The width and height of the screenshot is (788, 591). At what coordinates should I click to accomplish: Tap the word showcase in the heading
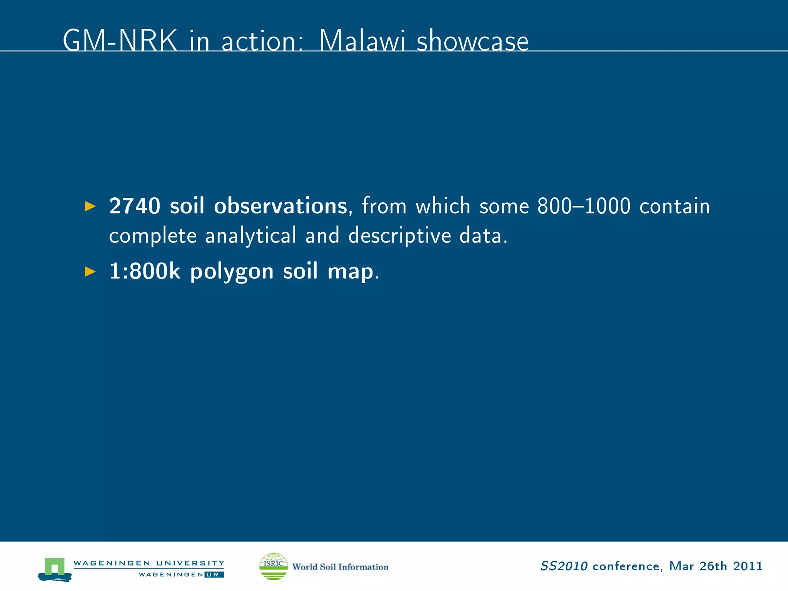(x=472, y=42)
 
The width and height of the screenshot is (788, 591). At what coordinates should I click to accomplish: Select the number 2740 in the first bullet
(x=135, y=206)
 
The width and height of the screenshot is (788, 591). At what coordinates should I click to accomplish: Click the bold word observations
(x=280, y=206)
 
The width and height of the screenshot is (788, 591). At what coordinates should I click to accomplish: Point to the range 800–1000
(x=584, y=206)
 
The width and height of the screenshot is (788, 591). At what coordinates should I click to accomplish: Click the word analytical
(x=250, y=235)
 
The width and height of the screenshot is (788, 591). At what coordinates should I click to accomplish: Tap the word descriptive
(x=399, y=235)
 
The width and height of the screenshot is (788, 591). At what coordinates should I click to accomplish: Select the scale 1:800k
(x=145, y=271)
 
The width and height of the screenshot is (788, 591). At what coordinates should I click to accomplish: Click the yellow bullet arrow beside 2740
(x=90, y=206)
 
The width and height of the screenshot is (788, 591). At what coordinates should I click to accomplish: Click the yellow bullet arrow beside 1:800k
(x=90, y=272)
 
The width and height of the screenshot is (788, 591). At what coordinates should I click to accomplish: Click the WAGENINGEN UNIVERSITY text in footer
(x=149, y=563)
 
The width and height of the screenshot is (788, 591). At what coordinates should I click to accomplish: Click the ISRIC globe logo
(x=274, y=566)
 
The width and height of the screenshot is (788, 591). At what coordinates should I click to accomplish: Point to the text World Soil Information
(x=340, y=567)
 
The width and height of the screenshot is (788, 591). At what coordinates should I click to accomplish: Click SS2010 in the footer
(x=564, y=566)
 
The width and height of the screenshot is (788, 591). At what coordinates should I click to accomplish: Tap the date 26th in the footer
(x=713, y=566)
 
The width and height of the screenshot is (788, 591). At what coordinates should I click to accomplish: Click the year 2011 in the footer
(x=748, y=566)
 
